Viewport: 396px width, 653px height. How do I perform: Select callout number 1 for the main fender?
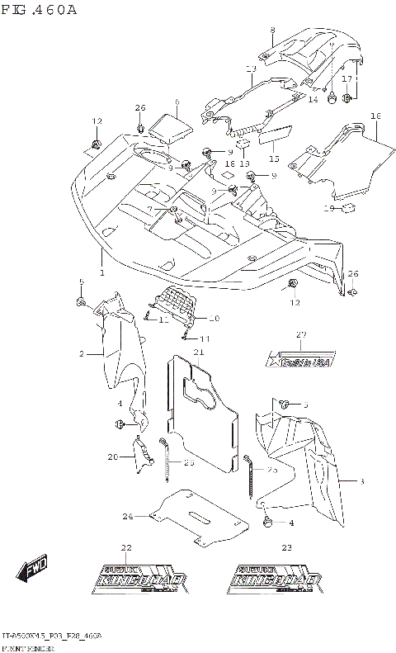(102, 272)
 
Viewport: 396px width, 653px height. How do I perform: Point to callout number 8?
(272, 31)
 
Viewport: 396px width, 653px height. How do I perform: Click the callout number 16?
(375, 116)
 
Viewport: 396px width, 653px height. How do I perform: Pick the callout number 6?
(177, 102)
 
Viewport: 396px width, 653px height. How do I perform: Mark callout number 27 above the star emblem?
(300, 334)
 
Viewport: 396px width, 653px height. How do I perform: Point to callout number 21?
(198, 353)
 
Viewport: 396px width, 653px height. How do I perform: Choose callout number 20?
(112, 457)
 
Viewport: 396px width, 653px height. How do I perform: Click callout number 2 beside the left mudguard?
(82, 354)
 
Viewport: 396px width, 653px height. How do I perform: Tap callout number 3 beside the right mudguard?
(361, 480)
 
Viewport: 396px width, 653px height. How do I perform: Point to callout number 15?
(274, 159)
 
